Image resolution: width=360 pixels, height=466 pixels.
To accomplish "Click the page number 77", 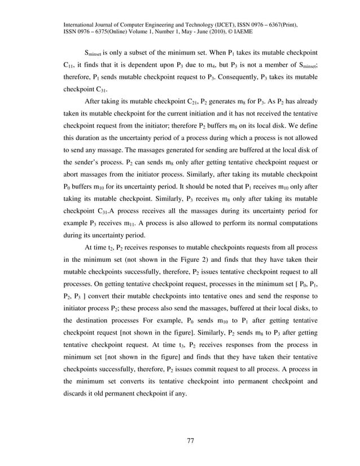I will (x=190, y=441).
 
